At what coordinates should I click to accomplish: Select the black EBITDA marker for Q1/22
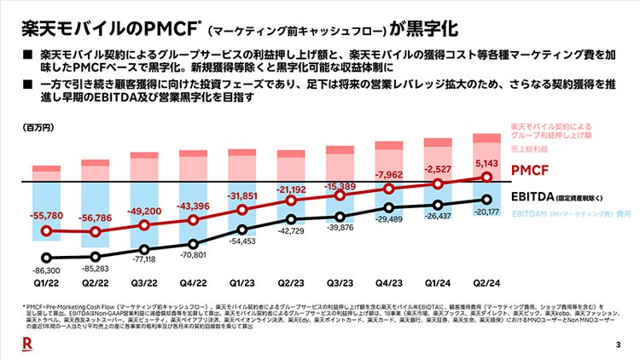(48, 258)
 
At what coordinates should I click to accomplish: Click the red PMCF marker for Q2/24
(487, 177)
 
